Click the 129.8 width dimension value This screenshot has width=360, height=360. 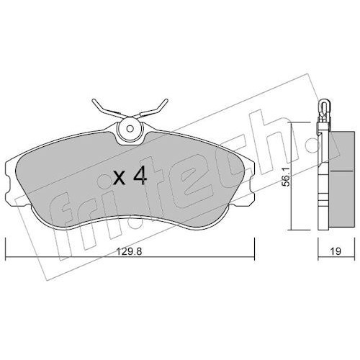click(x=129, y=251)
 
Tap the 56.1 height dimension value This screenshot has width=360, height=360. click(x=286, y=177)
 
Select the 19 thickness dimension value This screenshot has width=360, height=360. click(x=336, y=251)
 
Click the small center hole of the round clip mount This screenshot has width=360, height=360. click(x=130, y=129)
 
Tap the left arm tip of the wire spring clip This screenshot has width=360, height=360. click(x=94, y=100)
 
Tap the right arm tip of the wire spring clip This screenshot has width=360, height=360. click(x=166, y=100)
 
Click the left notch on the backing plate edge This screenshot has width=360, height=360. click(x=8, y=184)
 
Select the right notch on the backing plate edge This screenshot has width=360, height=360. click(x=251, y=184)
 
